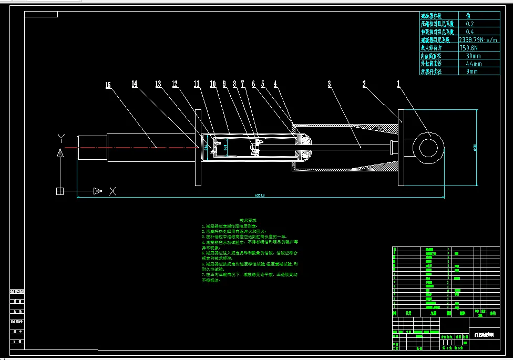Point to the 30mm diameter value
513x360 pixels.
pos(473,56)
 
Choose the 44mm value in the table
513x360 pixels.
pos(473,64)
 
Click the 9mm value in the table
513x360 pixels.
pos(472,71)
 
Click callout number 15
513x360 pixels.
pos(108,85)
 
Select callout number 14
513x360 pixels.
pos(135,84)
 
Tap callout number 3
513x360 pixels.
pos(329,84)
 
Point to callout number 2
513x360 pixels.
pos(363,84)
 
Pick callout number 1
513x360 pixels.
pos(398,84)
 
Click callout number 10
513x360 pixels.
pos(213,84)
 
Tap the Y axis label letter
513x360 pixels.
pos(61,139)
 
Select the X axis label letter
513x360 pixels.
pos(112,191)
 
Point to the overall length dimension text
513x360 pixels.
pos(260,195)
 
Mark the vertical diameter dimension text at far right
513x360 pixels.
pos(475,147)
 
